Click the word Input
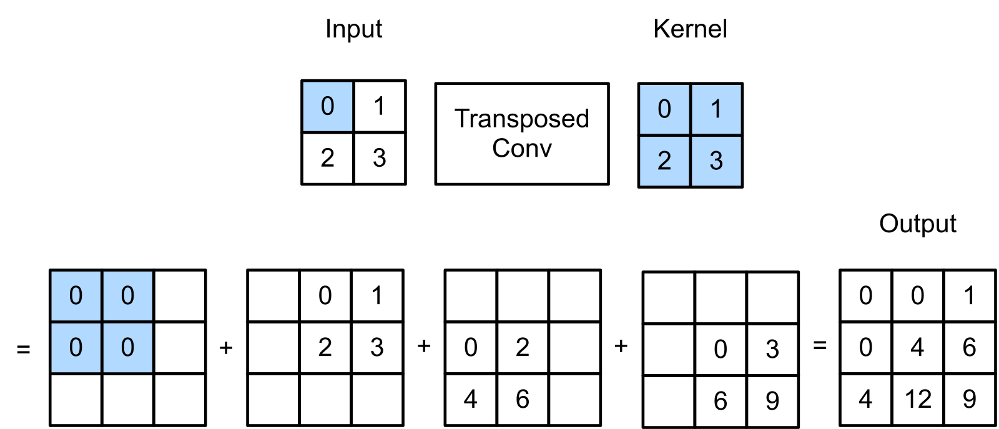click(353, 29)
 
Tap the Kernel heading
click(690, 29)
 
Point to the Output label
click(918, 224)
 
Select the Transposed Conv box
click(522, 134)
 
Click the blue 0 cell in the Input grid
click(327, 106)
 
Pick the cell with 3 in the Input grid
click(380, 158)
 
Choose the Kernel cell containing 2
click(664, 161)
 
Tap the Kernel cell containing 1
click(716, 109)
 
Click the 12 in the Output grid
click(918, 399)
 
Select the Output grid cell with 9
click(970, 399)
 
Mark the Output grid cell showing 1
click(970, 295)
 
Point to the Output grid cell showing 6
click(970, 347)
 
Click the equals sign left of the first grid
click(23, 348)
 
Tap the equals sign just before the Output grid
click(820, 345)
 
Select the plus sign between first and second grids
click(226, 347)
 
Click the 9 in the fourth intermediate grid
click(772, 401)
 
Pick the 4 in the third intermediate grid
click(471, 399)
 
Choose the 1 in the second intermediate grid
click(377, 295)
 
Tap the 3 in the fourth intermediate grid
click(772, 349)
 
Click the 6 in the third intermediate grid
click(523, 399)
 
